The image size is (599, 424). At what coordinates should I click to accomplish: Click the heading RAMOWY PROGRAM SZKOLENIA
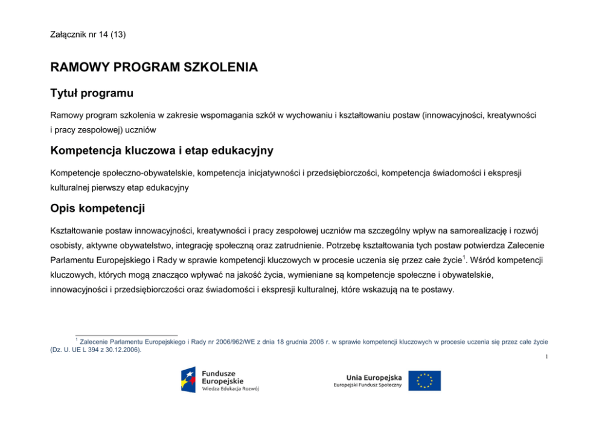pos(154,67)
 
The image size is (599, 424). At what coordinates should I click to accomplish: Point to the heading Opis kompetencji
pos(98,208)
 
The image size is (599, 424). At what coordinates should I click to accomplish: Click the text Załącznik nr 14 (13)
pos(88,34)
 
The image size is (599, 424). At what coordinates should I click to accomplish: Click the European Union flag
pos(424,380)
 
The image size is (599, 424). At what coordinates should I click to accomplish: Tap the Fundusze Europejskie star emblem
pos(188,379)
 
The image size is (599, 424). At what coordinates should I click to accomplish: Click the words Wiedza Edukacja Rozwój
pos(231,389)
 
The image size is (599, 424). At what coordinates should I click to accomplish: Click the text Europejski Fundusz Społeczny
pos(368,386)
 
